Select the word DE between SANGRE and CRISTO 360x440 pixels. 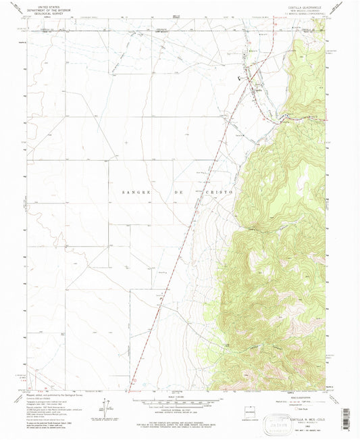pyautogui.click(x=179, y=192)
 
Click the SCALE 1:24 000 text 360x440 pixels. pyautogui.click(x=180, y=398)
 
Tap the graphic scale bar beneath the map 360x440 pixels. pyautogui.click(x=180, y=404)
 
